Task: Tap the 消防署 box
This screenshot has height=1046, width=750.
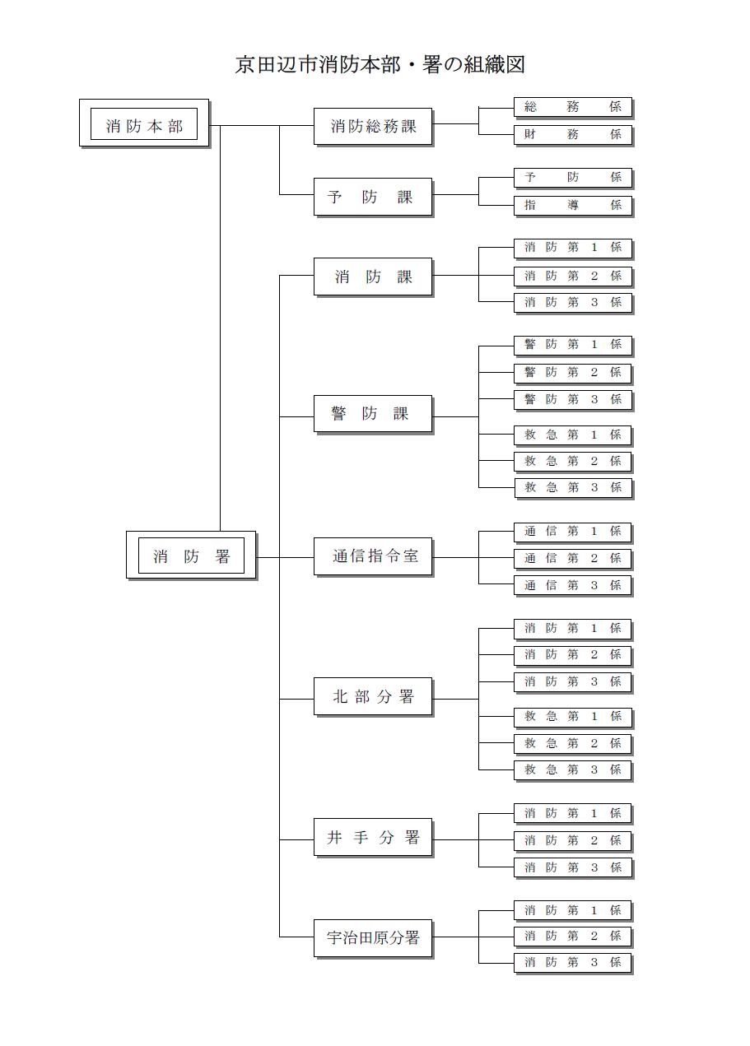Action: (192, 556)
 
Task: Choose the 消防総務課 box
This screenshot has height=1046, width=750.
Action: (373, 126)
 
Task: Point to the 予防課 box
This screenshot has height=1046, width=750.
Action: (373, 198)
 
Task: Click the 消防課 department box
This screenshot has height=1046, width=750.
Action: (373, 277)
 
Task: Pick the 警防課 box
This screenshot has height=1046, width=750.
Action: (373, 414)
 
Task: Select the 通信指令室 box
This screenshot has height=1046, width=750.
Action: (373, 556)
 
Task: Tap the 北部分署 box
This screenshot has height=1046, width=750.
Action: (373, 697)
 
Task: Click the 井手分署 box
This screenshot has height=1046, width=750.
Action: (373, 838)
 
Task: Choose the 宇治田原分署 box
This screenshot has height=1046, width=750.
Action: (373, 937)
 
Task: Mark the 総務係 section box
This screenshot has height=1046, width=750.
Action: (573, 107)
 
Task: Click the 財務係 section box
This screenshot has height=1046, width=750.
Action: (573, 134)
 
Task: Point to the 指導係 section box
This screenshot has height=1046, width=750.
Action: (573, 205)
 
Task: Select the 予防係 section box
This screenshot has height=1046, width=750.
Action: (573, 177)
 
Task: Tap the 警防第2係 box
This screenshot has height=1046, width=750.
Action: (573, 372)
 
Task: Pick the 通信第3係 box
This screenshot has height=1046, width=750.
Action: (573, 585)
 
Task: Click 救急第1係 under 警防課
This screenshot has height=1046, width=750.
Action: (573, 435)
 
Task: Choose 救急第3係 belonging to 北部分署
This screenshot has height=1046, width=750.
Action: (573, 769)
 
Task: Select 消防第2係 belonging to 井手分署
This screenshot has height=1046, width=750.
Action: (573, 840)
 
